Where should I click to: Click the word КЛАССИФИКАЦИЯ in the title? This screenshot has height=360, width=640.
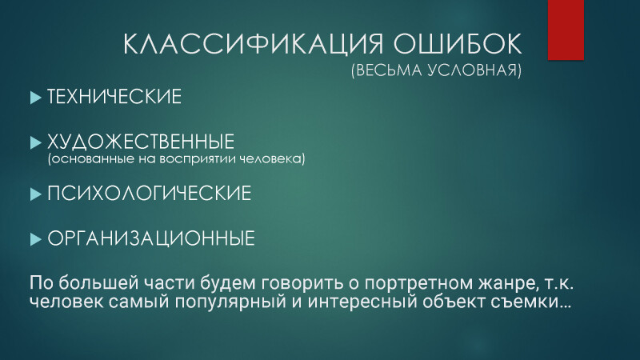253,44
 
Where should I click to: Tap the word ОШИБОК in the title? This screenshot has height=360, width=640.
457,43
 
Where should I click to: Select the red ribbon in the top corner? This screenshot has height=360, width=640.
566,30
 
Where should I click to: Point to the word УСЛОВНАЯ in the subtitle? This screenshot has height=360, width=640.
474,70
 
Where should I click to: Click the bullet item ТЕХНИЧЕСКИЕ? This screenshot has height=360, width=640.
114,97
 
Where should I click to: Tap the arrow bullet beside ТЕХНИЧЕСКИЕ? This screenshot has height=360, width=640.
36,98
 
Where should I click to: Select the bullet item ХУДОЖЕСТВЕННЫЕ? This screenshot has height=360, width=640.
141,142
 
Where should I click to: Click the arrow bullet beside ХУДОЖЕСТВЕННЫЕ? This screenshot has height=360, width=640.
36,143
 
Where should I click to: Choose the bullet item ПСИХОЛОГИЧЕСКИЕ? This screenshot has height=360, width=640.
149,193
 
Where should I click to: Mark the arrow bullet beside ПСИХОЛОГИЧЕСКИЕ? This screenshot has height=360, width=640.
36,194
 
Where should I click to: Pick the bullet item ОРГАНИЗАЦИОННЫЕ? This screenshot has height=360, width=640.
151,238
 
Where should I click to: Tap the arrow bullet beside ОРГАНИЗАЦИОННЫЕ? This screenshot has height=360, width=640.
36,239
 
